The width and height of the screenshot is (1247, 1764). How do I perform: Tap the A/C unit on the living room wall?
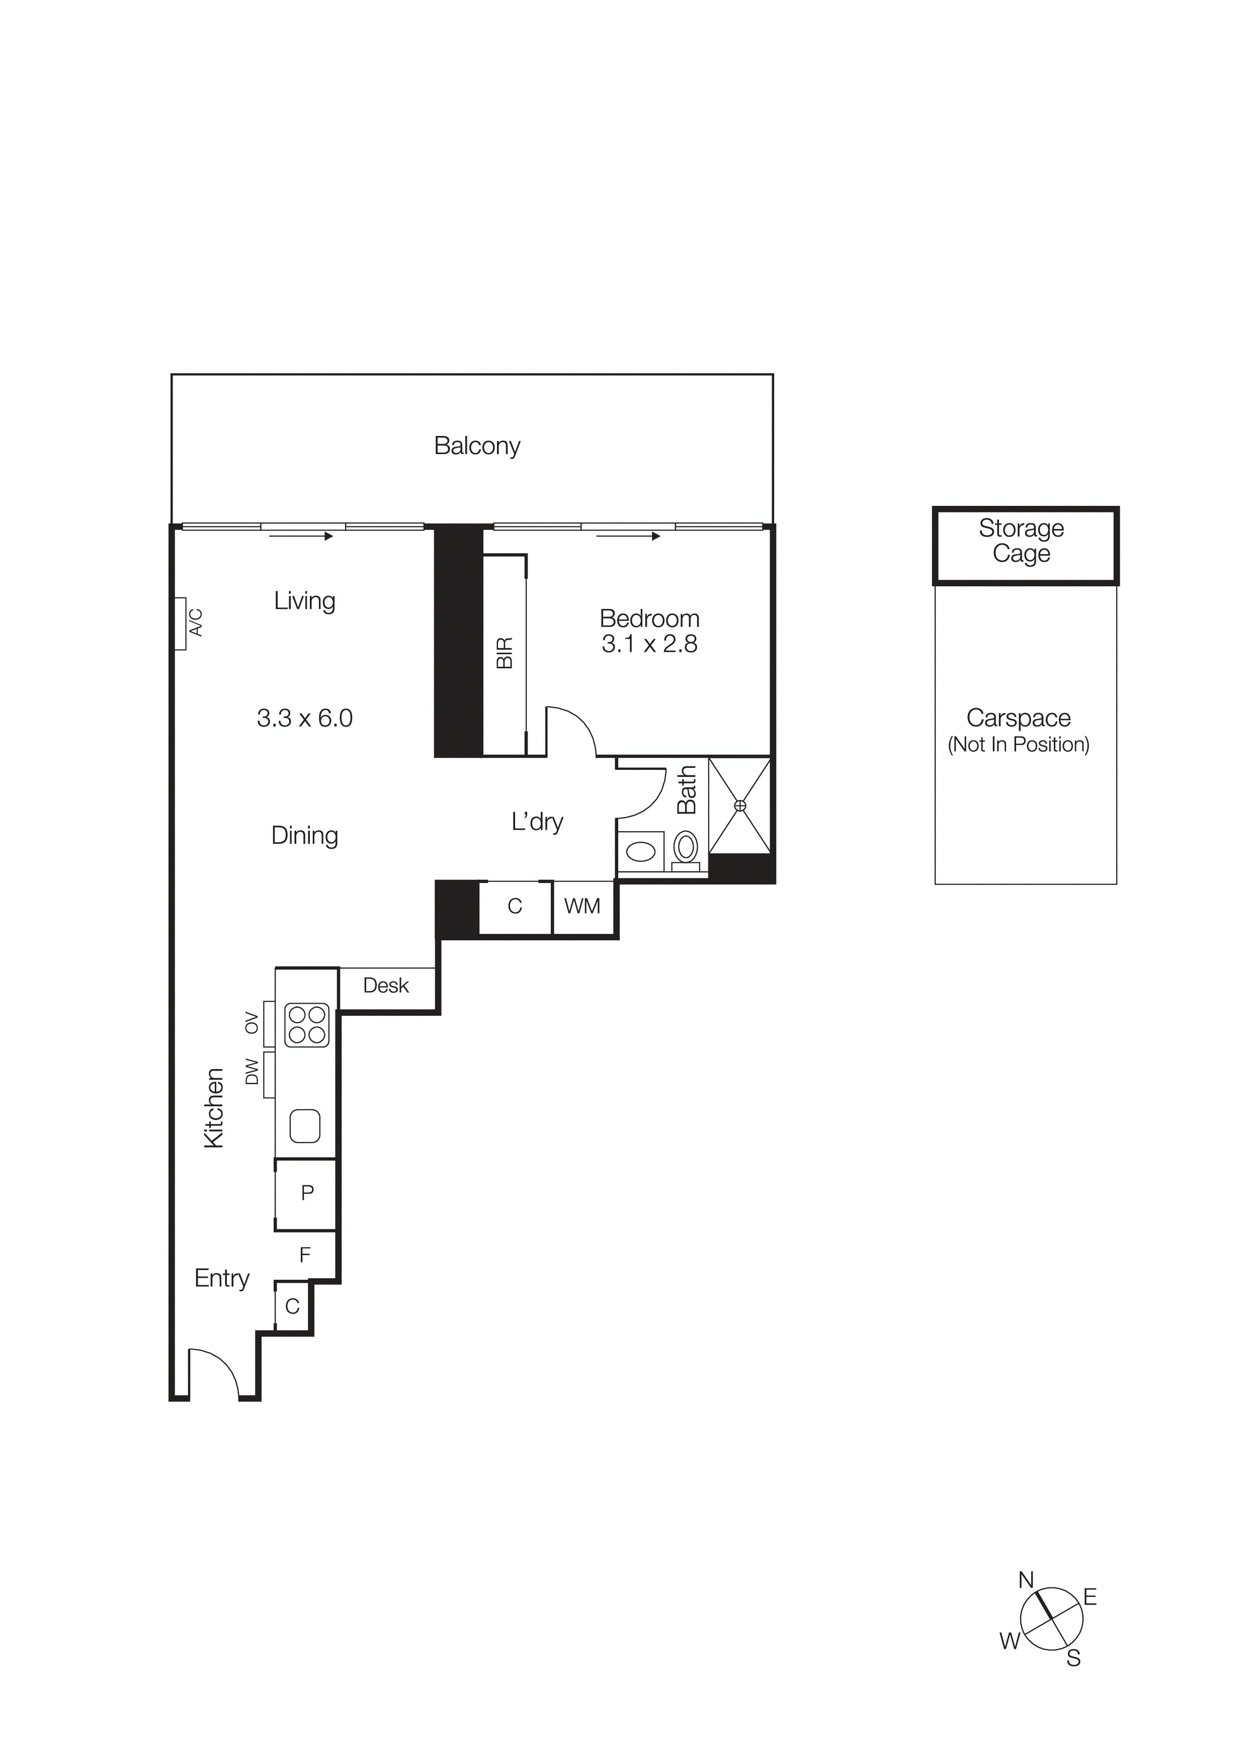tap(181, 623)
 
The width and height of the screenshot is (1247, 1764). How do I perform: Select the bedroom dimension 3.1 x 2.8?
tap(649, 644)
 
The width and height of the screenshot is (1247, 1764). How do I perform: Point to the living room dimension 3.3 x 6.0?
tap(304, 718)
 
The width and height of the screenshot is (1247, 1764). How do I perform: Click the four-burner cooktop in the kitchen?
tap(306, 1025)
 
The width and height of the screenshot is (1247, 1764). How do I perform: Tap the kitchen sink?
tap(305, 1126)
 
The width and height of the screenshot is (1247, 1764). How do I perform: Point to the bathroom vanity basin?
tap(641, 851)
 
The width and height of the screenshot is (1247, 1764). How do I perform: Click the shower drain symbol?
tap(740, 805)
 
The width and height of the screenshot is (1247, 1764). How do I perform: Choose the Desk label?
tap(386, 986)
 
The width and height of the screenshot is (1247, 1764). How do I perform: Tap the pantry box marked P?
tap(306, 1192)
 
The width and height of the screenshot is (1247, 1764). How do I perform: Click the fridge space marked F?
tap(305, 1255)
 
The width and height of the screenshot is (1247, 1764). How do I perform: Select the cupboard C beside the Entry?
tap(292, 1306)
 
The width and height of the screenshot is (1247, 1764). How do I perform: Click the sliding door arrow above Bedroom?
tap(628, 536)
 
